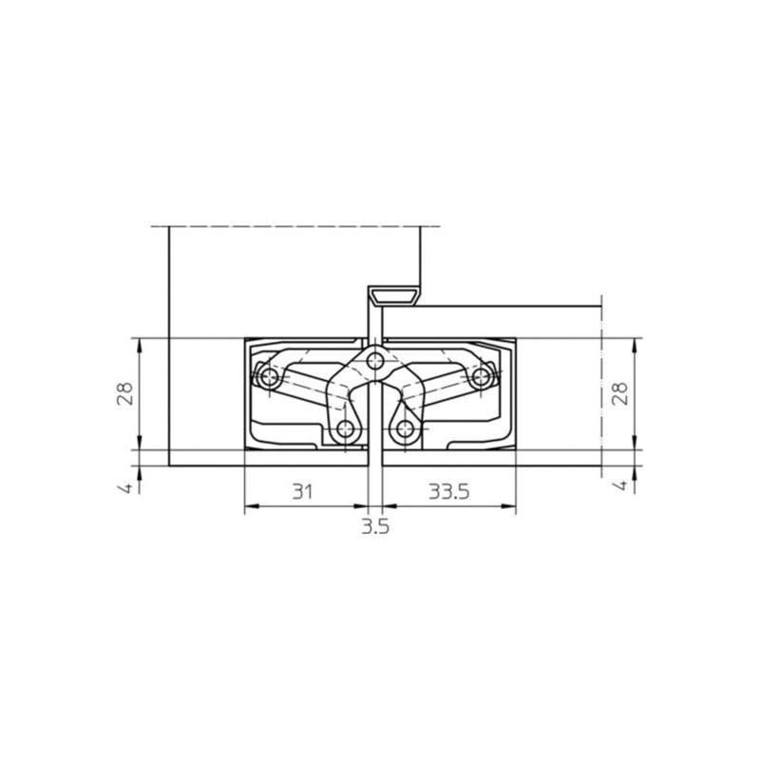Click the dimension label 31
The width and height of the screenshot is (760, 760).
coord(302,491)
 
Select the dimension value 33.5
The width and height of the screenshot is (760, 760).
coord(449,491)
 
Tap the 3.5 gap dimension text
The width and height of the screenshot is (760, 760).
coord(375,526)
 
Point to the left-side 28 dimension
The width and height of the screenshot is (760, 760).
coord(125,393)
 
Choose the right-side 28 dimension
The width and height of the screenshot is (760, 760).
coord(620,393)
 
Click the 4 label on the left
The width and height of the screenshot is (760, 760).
coord(125,487)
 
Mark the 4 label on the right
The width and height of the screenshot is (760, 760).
coord(621,485)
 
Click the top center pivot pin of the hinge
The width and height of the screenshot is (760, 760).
coord(374,361)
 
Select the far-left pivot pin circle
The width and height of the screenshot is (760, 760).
coord(268,376)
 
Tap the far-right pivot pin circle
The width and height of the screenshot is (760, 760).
coord(482,376)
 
